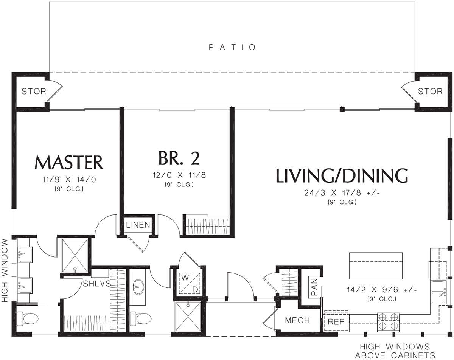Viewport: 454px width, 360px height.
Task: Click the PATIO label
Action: pyautogui.click(x=232, y=47)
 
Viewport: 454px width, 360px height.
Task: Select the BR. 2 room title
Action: pyautogui.click(x=179, y=158)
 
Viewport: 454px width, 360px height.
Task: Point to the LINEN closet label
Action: pyautogui.click(x=138, y=225)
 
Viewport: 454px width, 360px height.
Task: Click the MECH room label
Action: pyautogui.click(x=297, y=320)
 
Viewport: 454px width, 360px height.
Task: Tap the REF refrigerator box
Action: pyautogui.click(x=336, y=321)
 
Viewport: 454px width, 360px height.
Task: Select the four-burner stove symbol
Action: pyautogui.click(x=388, y=321)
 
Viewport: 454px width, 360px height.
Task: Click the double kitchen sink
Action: pyautogui.click(x=439, y=292)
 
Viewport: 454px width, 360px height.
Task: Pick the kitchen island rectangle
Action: pyautogui.click(x=376, y=266)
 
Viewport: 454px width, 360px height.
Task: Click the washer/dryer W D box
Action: pyautogui.click(x=190, y=284)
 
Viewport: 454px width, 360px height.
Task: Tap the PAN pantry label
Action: pyautogui.click(x=314, y=287)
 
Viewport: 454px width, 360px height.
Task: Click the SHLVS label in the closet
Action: pyautogui.click(x=97, y=284)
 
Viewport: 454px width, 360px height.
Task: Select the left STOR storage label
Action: pyautogui.click(x=34, y=91)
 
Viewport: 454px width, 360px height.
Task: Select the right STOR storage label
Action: pyautogui.click(x=430, y=91)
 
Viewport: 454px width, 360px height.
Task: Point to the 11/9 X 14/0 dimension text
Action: pyautogui.click(x=69, y=180)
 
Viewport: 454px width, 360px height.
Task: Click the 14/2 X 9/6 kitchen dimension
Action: pyautogui.click(x=382, y=290)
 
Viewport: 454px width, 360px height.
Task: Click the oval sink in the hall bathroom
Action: pyautogui.click(x=138, y=287)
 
